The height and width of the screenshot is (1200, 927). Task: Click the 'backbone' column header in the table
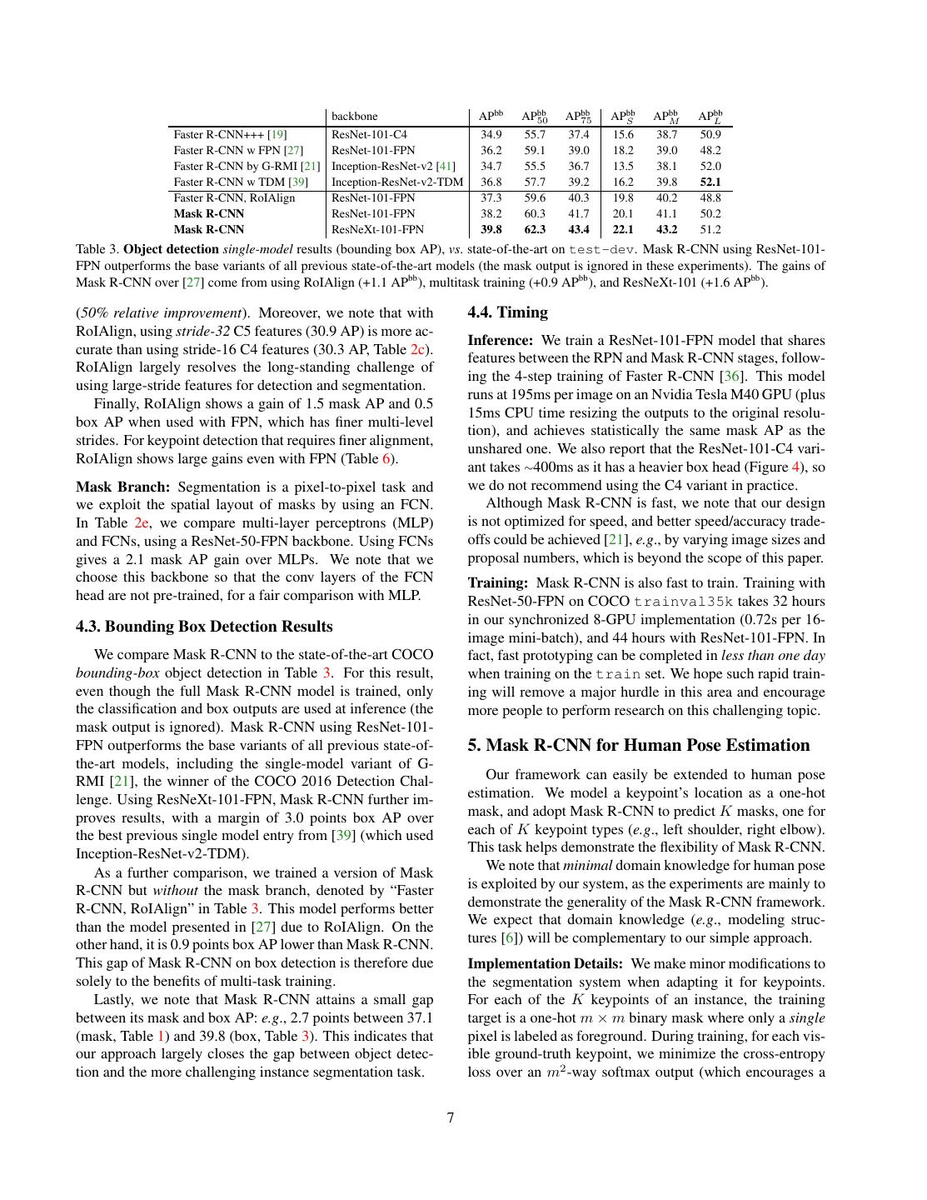pyautogui.click(x=354, y=117)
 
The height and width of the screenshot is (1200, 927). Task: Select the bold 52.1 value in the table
pyautogui.click(x=710, y=182)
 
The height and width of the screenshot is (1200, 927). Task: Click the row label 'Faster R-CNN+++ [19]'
pyautogui.click(x=230, y=134)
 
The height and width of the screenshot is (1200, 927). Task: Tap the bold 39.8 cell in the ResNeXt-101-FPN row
pyautogui.click(x=491, y=229)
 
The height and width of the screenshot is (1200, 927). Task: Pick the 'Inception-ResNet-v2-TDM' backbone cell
pyautogui.click(x=397, y=182)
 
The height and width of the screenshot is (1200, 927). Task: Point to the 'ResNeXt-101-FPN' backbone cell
pyautogui.click(x=377, y=229)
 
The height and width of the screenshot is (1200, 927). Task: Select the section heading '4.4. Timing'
pyautogui.click(x=507, y=312)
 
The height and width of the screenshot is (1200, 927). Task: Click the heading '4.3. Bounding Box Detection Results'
pyautogui.click(x=204, y=627)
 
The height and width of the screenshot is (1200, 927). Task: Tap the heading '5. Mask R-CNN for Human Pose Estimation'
pyautogui.click(x=638, y=745)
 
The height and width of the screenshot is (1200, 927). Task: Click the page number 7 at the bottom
pyautogui.click(x=451, y=1117)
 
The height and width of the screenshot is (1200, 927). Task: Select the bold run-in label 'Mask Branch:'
pyautogui.click(x=122, y=487)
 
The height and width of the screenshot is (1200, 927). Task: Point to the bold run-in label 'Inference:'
pyautogui.click(x=500, y=340)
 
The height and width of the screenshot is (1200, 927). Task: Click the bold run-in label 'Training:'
pyautogui.click(x=497, y=583)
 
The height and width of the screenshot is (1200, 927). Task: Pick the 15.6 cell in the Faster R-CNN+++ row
pyautogui.click(x=623, y=134)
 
